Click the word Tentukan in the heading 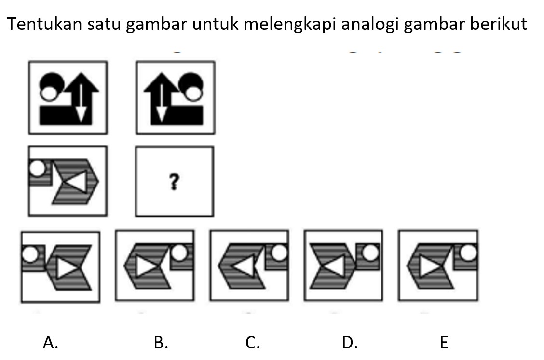pos(44,24)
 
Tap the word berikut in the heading pos(499,24)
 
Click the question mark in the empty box pos(174,182)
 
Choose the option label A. pos(50,343)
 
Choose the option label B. pos(161,343)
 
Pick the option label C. pos(253,343)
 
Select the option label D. pos(350,343)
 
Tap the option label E pos(444,343)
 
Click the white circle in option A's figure pos(30,253)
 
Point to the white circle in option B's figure pos(179,252)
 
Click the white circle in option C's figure pos(280,252)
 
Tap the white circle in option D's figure pos(370,252)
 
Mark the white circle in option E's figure pos(468,252)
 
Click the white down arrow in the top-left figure pos(81,102)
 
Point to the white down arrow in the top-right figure pos(162,102)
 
